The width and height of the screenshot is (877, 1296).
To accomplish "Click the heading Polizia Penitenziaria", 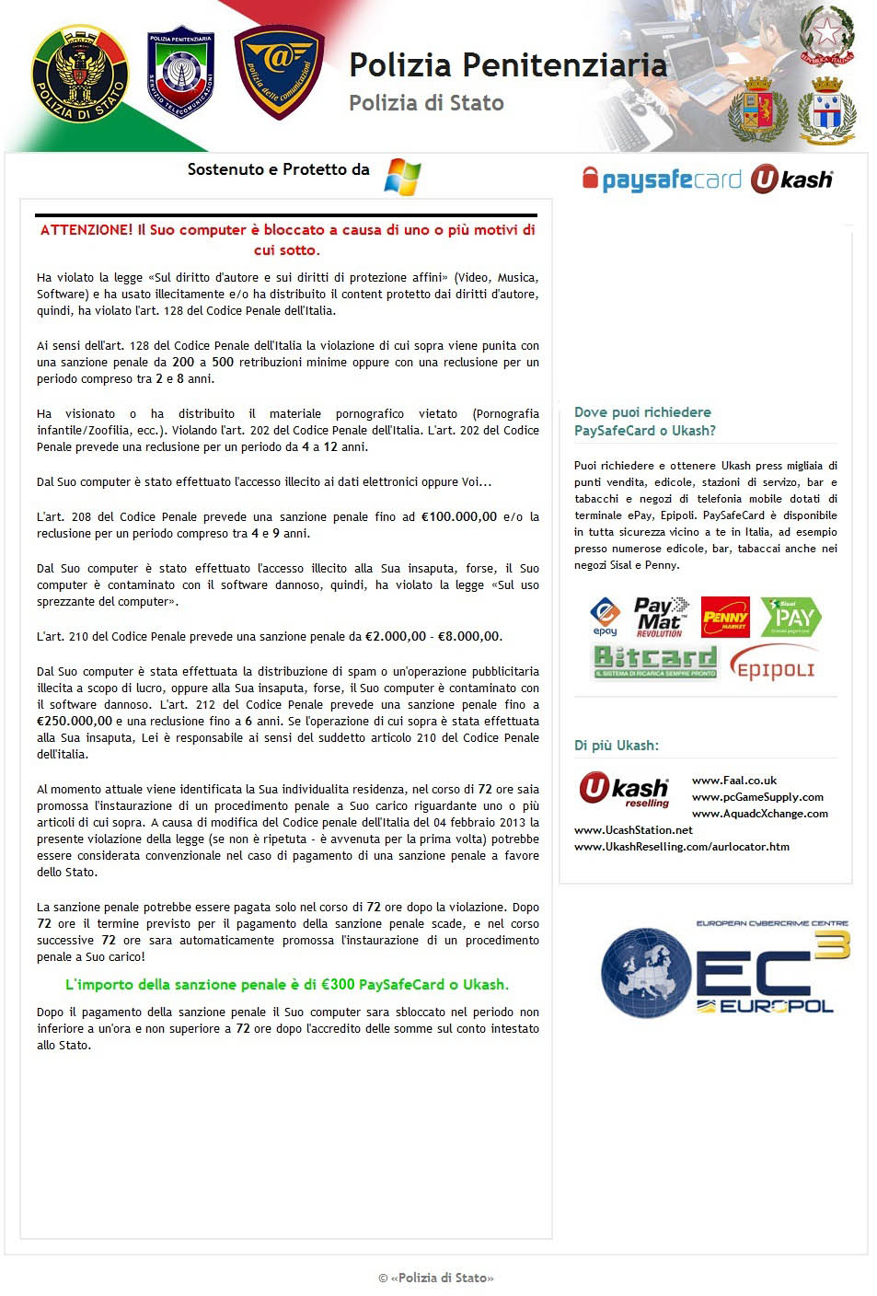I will tap(507, 65).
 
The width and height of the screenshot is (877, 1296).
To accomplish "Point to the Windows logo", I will tap(402, 176).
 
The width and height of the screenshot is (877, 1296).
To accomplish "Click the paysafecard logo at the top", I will tap(662, 179).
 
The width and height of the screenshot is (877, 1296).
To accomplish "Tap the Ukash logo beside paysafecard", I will tap(791, 179).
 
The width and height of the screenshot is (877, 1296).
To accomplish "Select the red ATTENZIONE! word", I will tap(87, 230).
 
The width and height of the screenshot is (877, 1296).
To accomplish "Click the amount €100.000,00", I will tap(458, 516).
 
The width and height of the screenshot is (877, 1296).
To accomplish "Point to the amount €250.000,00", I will tap(75, 721).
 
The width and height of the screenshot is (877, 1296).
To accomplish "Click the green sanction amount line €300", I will tap(286, 984).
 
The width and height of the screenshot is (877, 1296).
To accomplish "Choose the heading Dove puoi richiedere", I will tap(642, 412).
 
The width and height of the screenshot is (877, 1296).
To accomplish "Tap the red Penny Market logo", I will tap(725, 617).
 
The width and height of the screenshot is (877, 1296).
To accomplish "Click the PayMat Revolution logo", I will tap(661, 617).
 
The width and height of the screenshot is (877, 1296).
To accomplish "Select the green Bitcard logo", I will tap(654, 661).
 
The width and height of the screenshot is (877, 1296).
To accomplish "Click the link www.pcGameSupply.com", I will tap(757, 797).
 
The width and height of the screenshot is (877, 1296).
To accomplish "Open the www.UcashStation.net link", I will tap(633, 830).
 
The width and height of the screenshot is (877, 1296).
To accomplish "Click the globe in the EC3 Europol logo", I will tap(646, 974).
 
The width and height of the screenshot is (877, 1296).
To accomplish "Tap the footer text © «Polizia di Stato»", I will tap(436, 1278).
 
